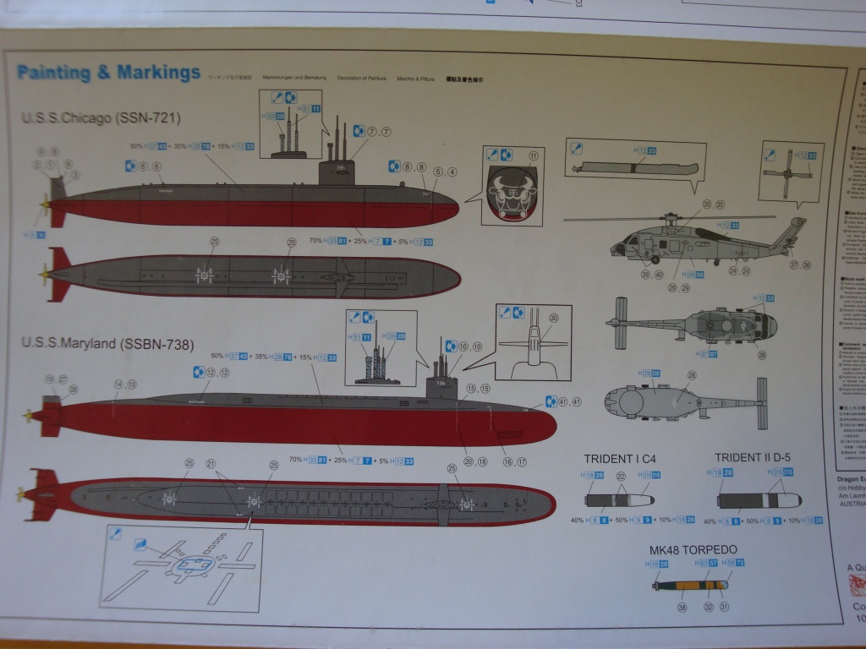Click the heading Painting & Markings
(108, 73)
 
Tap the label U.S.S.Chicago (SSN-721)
(101, 117)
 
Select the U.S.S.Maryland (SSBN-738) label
(107, 344)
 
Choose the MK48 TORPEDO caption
(688, 549)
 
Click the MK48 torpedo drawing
(689, 585)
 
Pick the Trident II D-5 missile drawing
(759, 499)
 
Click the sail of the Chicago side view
(339, 171)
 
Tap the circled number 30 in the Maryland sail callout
(554, 319)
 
